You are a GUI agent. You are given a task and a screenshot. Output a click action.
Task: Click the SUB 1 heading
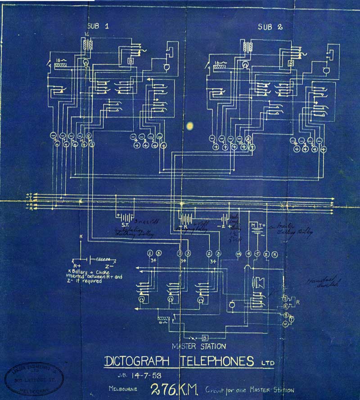click(x=98, y=26)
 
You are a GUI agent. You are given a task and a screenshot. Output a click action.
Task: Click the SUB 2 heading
click(x=270, y=27)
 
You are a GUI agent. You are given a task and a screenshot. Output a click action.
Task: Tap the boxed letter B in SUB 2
click(x=291, y=64)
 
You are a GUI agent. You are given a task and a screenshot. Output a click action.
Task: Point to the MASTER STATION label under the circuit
click(x=198, y=346)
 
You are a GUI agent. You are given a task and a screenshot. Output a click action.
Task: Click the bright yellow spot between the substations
click(x=190, y=126)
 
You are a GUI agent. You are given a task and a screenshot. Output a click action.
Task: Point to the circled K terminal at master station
click(x=275, y=254)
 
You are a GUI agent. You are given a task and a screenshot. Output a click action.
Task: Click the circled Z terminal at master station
click(x=266, y=254)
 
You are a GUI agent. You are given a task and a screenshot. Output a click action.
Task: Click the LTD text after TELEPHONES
click(x=267, y=362)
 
